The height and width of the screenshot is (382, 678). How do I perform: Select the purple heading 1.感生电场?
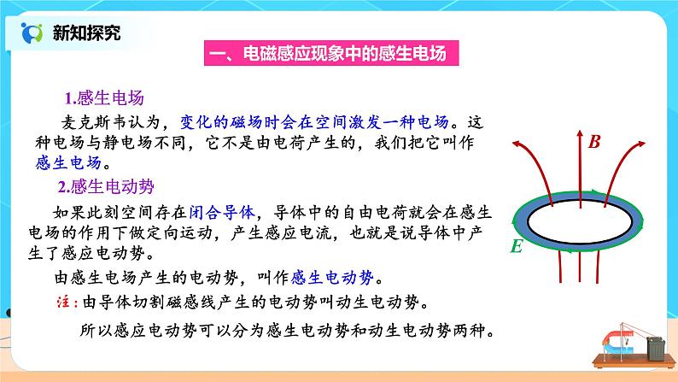pyautogui.click(x=102, y=97)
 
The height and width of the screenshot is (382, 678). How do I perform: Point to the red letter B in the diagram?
pyautogui.click(x=595, y=143)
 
